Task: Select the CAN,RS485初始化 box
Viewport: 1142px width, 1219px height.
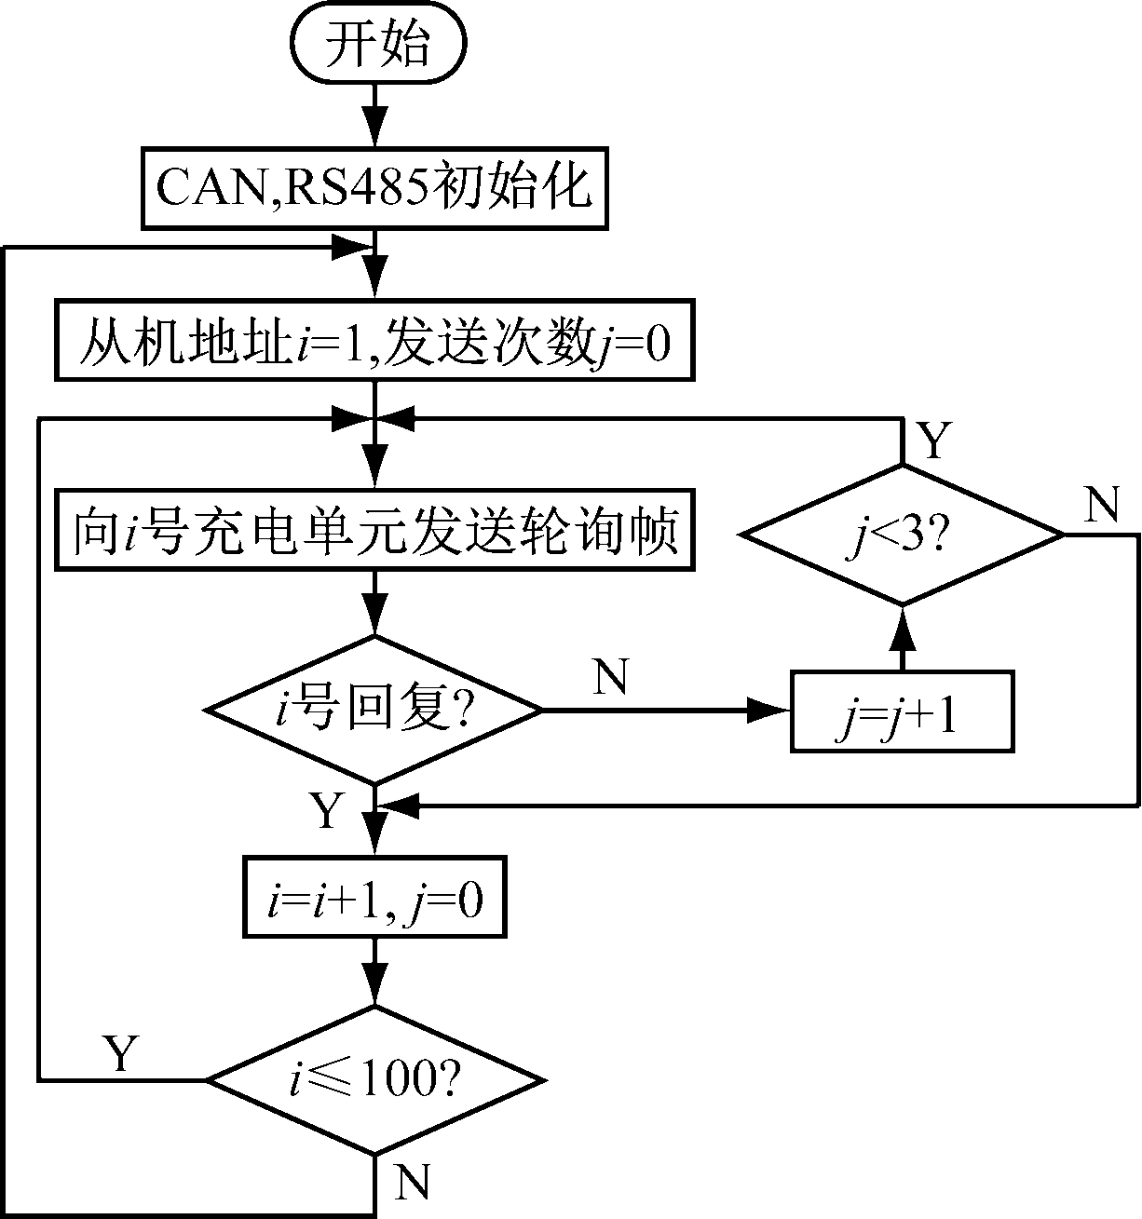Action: [374, 188]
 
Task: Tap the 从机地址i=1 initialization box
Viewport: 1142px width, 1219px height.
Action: [374, 340]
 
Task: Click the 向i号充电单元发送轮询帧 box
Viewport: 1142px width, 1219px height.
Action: [374, 530]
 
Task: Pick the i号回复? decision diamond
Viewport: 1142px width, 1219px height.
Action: [374, 711]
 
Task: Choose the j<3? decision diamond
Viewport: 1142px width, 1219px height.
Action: [902, 535]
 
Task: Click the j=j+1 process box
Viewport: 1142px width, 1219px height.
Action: [902, 711]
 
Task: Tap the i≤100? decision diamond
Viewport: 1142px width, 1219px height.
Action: [374, 1080]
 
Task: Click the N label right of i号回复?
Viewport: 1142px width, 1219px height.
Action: [610, 678]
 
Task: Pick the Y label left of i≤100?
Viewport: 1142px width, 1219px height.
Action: [119, 1053]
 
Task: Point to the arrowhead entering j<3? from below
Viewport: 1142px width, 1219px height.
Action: [902, 631]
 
